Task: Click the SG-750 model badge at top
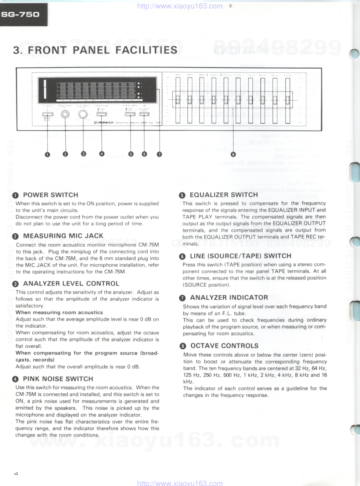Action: pyautogui.click(x=21, y=15)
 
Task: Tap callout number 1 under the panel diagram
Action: pyautogui.click(x=47, y=155)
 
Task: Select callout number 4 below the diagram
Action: pyautogui.click(x=102, y=154)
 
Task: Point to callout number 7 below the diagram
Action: pyautogui.click(x=159, y=154)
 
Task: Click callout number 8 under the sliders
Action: pyautogui.click(x=233, y=154)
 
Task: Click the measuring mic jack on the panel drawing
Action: pyautogui.click(x=65, y=114)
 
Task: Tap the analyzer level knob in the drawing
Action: pyautogui.click(x=83, y=115)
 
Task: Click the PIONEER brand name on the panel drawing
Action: pyautogui.click(x=105, y=122)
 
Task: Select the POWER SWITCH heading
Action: pyautogui.click(x=50, y=195)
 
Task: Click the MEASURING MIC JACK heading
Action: pyautogui.click(x=63, y=236)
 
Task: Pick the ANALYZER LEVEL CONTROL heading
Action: pyautogui.click(x=71, y=284)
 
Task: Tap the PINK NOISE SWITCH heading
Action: pyautogui.click(x=58, y=379)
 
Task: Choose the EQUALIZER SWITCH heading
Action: pyautogui.click(x=224, y=195)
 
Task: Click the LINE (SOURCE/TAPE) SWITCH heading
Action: pyautogui.click(x=240, y=256)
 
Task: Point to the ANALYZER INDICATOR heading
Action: pyautogui.click(x=229, y=298)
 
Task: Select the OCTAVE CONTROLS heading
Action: pyautogui.click(x=224, y=346)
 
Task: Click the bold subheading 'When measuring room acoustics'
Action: pyautogui.click(x=59, y=313)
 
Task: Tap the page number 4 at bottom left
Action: pyautogui.click(x=16, y=474)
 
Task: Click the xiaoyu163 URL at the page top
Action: pyautogui.click(x=180, y=6)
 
